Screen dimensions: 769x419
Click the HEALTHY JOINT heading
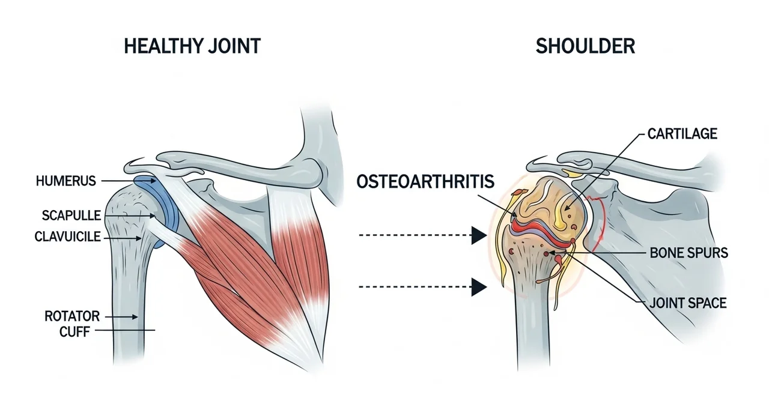(x=192, y=46)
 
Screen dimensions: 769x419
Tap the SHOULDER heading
(x=585, y=46)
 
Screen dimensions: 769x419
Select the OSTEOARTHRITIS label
(x=425, y=181)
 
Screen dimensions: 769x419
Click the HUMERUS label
(x=66, y=181)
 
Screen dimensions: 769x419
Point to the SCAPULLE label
(x=71, y=216)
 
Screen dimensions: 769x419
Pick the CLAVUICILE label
(x=68, y=237)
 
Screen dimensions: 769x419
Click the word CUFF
(x=74, y=332)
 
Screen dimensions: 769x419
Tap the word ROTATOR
(x=72, y=316)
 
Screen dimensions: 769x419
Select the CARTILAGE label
(x=682, y=134)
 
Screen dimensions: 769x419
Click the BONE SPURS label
(x=688, y=253)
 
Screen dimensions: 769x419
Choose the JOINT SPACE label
(x=688, y=303)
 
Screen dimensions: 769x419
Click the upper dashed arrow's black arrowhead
(x=479, y=235)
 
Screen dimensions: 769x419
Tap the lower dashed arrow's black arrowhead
(x=479, y=287)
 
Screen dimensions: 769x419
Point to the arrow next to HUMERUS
(x=128, y=181)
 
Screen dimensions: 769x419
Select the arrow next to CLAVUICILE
(x=123, y=238)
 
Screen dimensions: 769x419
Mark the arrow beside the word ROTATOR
(x=121, y=317)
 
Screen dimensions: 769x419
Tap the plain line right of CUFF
(x=125, y=330)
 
